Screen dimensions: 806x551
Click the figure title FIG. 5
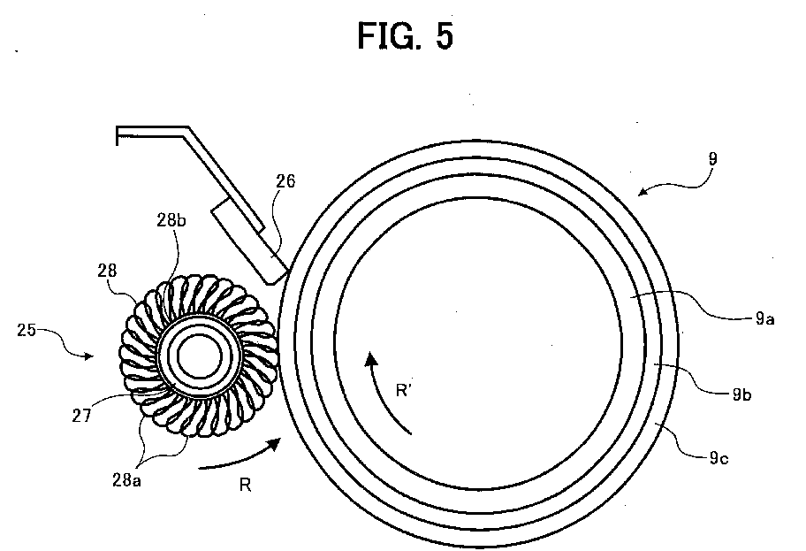(x=406, y=36)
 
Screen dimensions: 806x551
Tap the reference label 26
(x=285, y=181)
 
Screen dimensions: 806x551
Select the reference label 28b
(x=171, y=220)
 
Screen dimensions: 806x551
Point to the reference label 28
(x=107, y=271)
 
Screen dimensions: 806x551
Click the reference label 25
(x=27, y=330)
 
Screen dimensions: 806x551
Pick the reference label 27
(x=81, y=416)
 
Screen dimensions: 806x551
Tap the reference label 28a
(x=126, y=480)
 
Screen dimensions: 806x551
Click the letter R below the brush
(x=245, y=485)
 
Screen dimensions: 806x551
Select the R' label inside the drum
(x=404, y=391)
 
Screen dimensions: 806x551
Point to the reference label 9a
(x=764, y=319)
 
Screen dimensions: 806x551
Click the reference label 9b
(x=741, y=394)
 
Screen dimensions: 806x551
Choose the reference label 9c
(x=719, y=457)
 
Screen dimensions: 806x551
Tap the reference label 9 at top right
(x=712, y=158)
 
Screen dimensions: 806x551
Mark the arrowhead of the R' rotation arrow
(x=370, y=358)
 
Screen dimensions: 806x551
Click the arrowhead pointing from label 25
(x=88, y=356)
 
